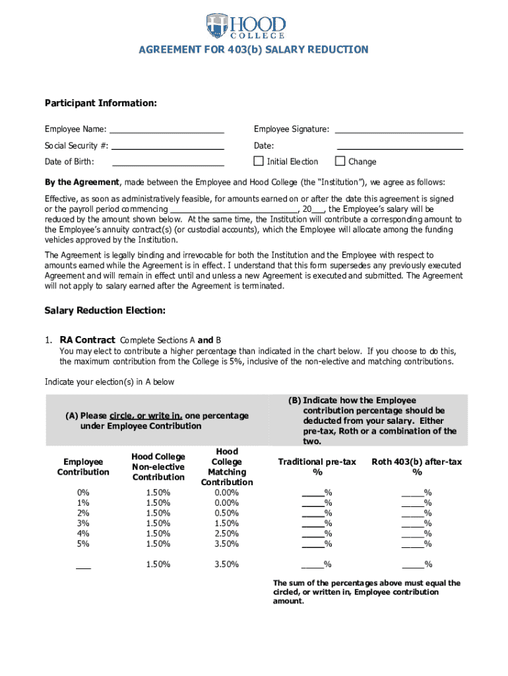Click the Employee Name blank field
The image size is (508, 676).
tap(167, 129)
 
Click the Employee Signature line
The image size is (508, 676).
tap(399, 129)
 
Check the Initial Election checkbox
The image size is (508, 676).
tap(259, 161)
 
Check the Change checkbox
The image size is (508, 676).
tap(340, 161)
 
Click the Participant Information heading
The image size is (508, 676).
tap(101, 104)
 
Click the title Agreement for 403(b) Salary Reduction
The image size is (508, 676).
tap(254, 50)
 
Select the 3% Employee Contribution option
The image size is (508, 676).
tap(83, 523)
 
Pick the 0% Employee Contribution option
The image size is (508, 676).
tap(83, 492)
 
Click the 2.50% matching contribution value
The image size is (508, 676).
tap(226, 533)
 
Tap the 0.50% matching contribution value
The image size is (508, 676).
tap(226, 513)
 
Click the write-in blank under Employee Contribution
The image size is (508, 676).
tap(83, 565)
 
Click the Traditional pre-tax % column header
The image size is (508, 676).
tap(317, 467)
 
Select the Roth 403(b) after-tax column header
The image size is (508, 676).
tap(416, 467)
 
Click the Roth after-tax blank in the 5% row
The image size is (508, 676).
tap(412, 544)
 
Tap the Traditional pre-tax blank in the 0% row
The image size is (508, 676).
tap(313, 492)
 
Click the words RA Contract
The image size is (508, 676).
tap(87, 339)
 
